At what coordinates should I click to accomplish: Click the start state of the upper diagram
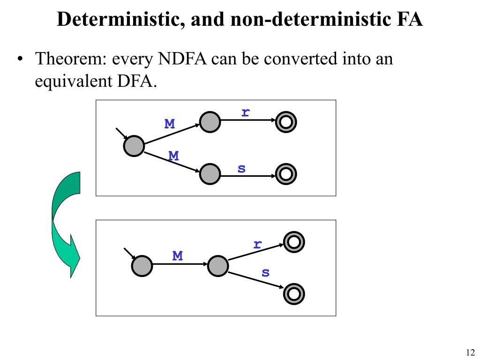tap(134, 146)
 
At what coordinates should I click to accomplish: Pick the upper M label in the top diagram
tap(169, 124)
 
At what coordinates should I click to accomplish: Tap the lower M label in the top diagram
tap(173, 156)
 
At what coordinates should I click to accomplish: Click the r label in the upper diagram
tap(245, 112)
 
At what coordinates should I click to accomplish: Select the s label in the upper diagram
tap(241, 168)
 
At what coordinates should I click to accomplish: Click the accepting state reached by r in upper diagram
tap(286, 122)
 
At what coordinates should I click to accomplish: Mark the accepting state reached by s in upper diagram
tap(286, 174)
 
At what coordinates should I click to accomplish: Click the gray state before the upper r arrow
tap(210, 122)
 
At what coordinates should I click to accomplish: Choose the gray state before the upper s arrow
tap(210, 174)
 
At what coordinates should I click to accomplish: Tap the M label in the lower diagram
tap(177, 256)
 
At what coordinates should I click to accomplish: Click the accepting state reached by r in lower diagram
tap(294, 242)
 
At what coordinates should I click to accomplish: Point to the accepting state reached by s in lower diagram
tap(294, 293)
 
